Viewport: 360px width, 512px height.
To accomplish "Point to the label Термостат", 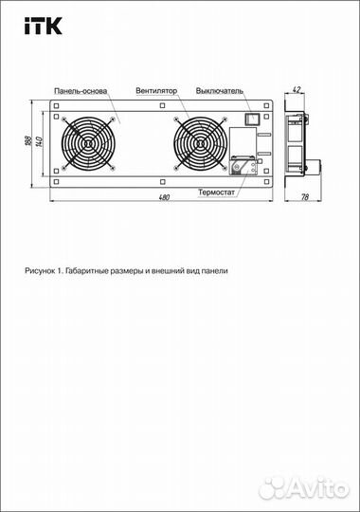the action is (x=217, y=191).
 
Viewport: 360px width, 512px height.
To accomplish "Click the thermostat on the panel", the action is (x=242, y=165).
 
